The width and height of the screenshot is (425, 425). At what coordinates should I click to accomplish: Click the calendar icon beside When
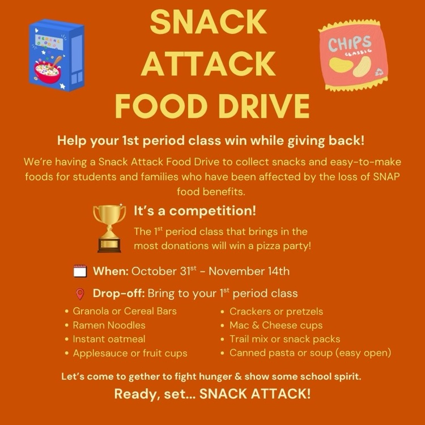(80, 271)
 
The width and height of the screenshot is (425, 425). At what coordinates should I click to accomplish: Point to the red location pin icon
(80, 294)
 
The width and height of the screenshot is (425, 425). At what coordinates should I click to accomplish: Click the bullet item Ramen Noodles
(109, 325)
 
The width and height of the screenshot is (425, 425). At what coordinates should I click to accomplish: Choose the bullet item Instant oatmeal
(109, 339)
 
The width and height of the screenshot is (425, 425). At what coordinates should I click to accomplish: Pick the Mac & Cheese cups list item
(275, 325)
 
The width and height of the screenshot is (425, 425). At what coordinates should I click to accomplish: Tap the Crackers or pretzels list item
(276, 311)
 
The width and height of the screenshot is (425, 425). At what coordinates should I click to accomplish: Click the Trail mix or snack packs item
(284, 339)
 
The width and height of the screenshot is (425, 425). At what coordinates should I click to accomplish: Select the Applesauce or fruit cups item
(130, 353)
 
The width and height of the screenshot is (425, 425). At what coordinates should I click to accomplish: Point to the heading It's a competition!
(195, 211)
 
